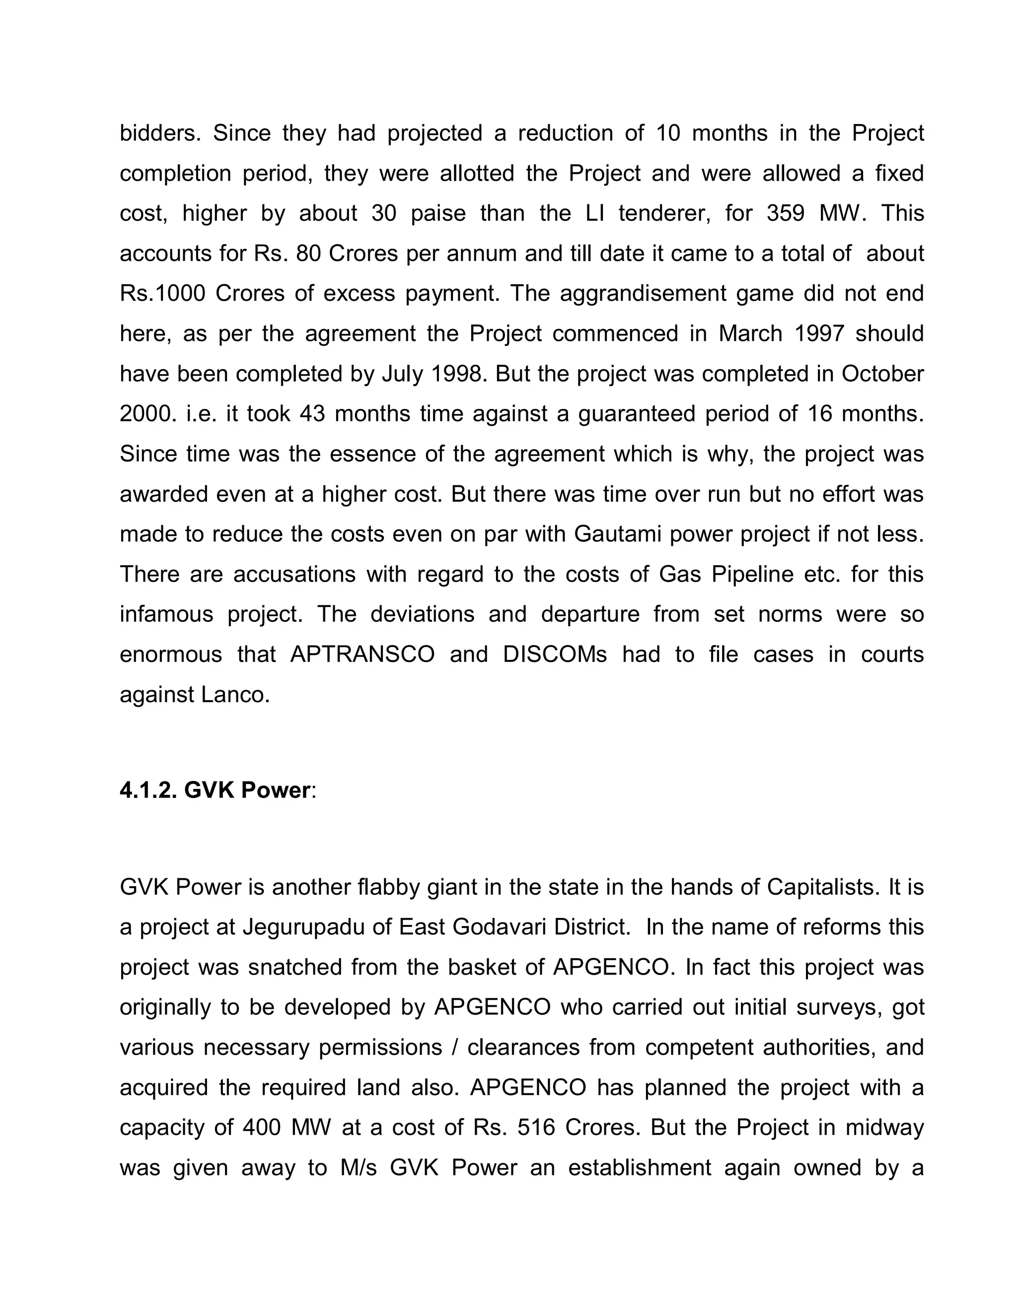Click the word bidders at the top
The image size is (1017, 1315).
click(x=159, y=133)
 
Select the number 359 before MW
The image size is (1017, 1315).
click(x=785, y=213)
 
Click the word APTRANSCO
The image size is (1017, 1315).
click(x=362, y=655)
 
